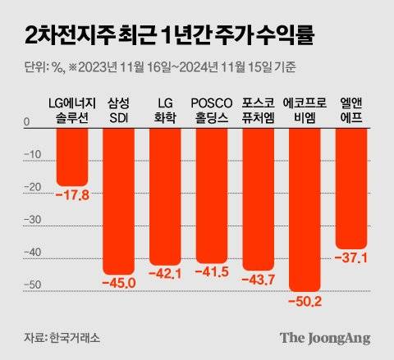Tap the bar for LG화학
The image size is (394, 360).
tap(165, 197)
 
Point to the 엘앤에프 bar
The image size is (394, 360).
tap(350, 189)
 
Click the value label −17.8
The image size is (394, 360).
tap(71, 195)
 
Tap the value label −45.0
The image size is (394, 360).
tap(118, 283)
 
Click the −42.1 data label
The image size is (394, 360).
tap(165, 274)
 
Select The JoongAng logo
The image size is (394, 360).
tap(325, 337)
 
